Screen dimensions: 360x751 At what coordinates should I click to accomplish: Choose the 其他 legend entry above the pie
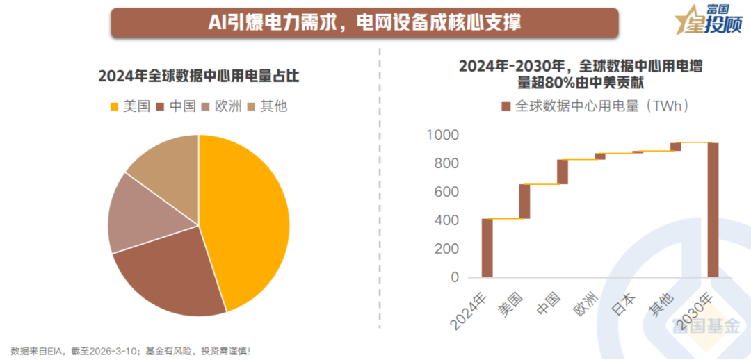267,106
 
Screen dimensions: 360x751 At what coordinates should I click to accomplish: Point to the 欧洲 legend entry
222,106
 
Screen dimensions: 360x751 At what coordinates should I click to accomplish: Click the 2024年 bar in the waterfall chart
487,248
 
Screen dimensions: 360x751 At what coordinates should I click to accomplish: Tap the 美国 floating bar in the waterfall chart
524,201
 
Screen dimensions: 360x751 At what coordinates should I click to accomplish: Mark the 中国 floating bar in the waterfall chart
562,172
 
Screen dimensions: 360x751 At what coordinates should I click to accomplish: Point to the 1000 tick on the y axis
442,135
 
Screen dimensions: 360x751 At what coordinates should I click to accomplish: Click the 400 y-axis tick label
446,220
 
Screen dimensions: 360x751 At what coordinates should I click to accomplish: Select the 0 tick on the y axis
455,277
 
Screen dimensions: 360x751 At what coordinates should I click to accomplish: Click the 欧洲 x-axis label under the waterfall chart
586,304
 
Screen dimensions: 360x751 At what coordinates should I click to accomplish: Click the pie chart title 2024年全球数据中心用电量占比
199,76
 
